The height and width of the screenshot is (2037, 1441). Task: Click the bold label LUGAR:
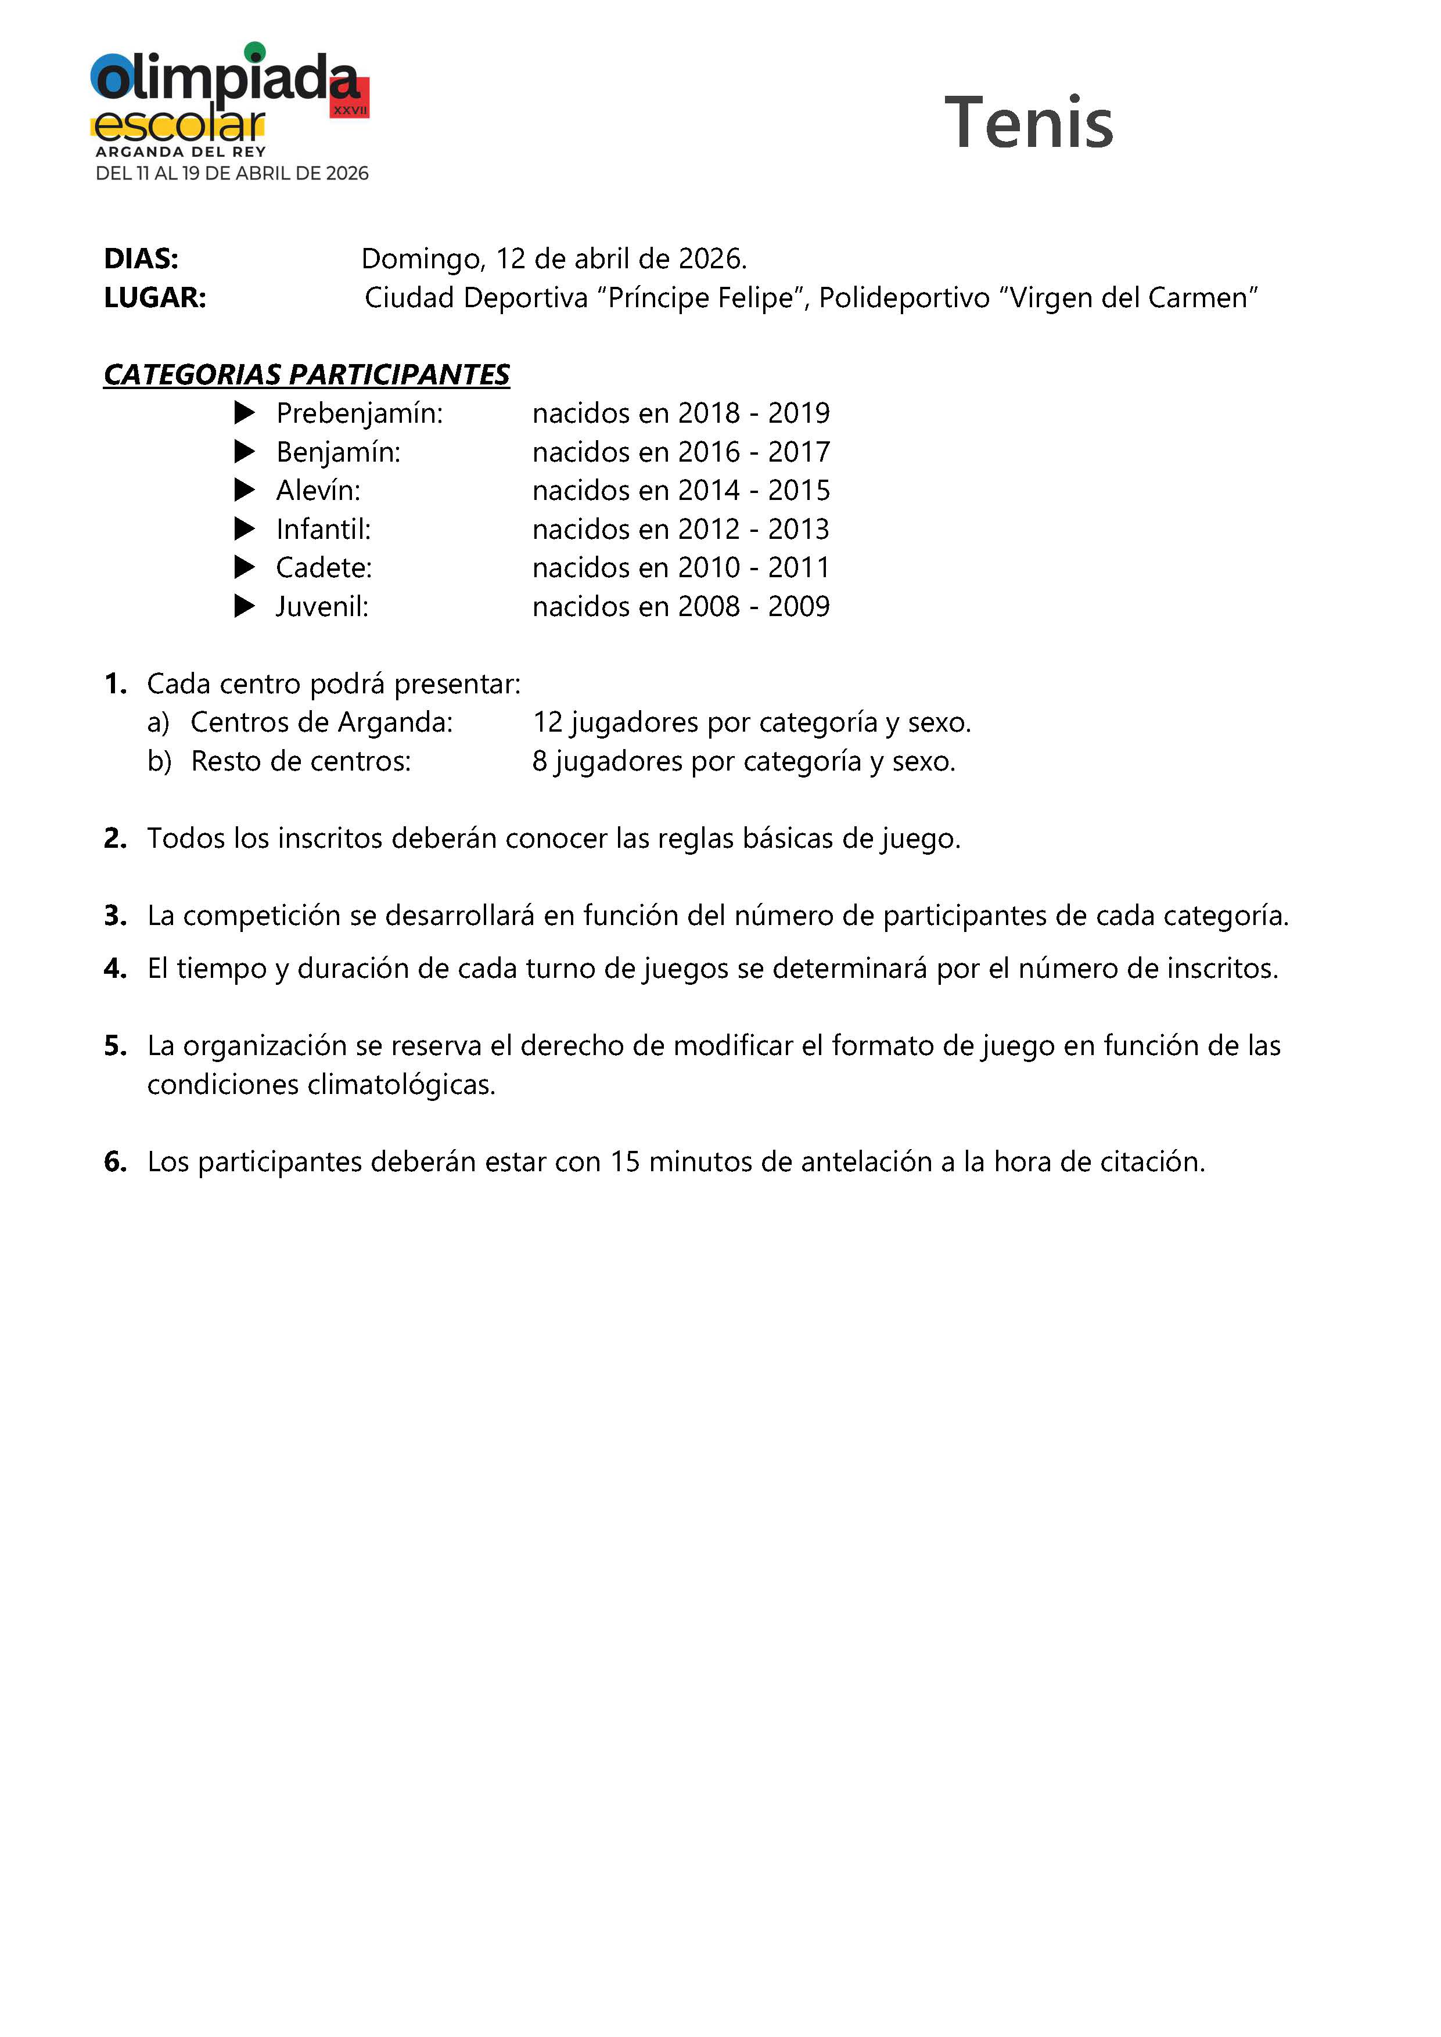click(x=155, y=298)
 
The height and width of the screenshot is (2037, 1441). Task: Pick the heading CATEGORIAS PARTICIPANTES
click(x=307, y=375)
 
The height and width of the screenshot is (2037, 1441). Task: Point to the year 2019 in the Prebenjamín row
click(x=799, y=413)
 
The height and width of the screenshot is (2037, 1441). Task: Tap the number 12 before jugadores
click(x=548, y=723)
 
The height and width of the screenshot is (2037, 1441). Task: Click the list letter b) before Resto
click(x=160, y=762)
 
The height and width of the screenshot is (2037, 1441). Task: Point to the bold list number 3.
click(x=116, y=916)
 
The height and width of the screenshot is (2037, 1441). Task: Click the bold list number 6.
click(x=116, y=1163)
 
